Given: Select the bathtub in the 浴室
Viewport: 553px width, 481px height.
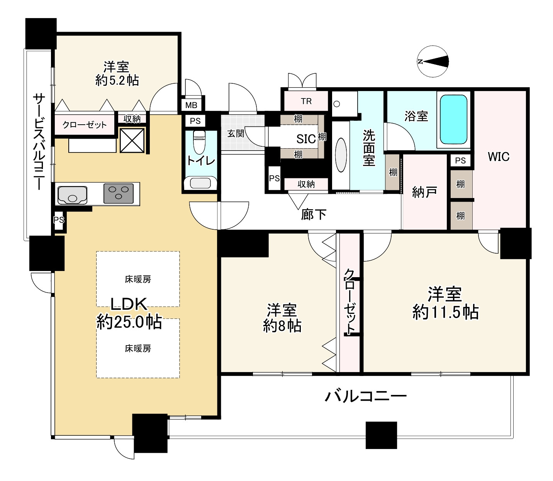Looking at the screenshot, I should coord(453,119).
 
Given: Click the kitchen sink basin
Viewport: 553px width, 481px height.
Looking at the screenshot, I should coord(72,194).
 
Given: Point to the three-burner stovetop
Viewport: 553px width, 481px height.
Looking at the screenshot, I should coord(118,193).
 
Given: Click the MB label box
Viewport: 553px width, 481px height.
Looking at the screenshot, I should coord(191,105).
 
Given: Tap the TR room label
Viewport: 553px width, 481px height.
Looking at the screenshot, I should coord(306,101).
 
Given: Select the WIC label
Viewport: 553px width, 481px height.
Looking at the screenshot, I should coord(498,157).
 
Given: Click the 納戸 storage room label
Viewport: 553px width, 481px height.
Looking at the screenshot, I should coord(424,192).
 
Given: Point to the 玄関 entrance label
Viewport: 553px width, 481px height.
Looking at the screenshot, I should coord(235,134).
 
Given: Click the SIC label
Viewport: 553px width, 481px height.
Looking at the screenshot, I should coord(306,139).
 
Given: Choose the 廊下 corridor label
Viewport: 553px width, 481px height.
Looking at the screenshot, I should coord(314,215).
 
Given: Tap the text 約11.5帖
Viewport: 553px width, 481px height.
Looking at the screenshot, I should coord(445,312).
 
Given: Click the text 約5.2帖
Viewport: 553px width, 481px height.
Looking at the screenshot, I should coord(117,80).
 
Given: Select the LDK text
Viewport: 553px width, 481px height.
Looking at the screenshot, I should coord(129,304).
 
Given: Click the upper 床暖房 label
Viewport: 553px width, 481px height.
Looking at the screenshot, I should coord(138,279).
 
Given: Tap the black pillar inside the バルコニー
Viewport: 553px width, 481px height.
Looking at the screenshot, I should coord(381,435).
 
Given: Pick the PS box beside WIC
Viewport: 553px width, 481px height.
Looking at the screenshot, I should coord(460,160).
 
